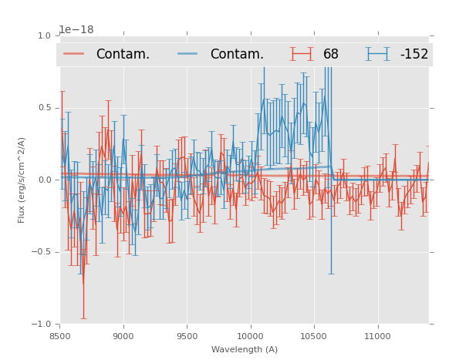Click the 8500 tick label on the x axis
pos(60,336)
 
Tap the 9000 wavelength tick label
pos(123,336)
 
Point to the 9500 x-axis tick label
pos(187,336)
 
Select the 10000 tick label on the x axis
pos(251,336)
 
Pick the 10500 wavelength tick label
pos(314,336)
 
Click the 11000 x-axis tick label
pos(377,336)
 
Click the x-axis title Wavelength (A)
pos(245,349)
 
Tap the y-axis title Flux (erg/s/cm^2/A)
pos(22,180)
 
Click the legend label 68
pos(331,54)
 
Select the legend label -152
pos(414,54)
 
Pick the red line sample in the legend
pos(75,54)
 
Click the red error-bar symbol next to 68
pos(302,54)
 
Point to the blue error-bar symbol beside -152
pos(377,54)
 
